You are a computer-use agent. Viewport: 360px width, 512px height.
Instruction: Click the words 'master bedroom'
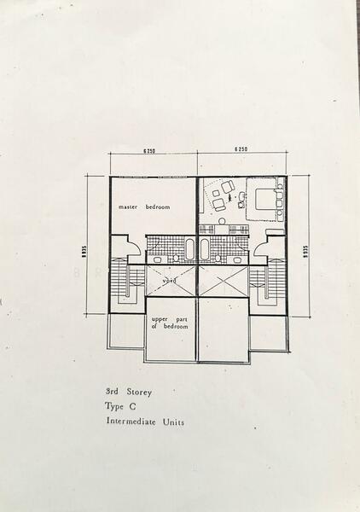145,207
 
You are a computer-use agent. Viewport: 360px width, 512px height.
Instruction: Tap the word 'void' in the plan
169,278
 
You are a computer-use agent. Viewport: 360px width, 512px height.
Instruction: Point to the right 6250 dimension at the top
241,149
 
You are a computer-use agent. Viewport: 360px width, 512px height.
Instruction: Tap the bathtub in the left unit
190,250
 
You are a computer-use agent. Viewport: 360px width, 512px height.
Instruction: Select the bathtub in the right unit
206,250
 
